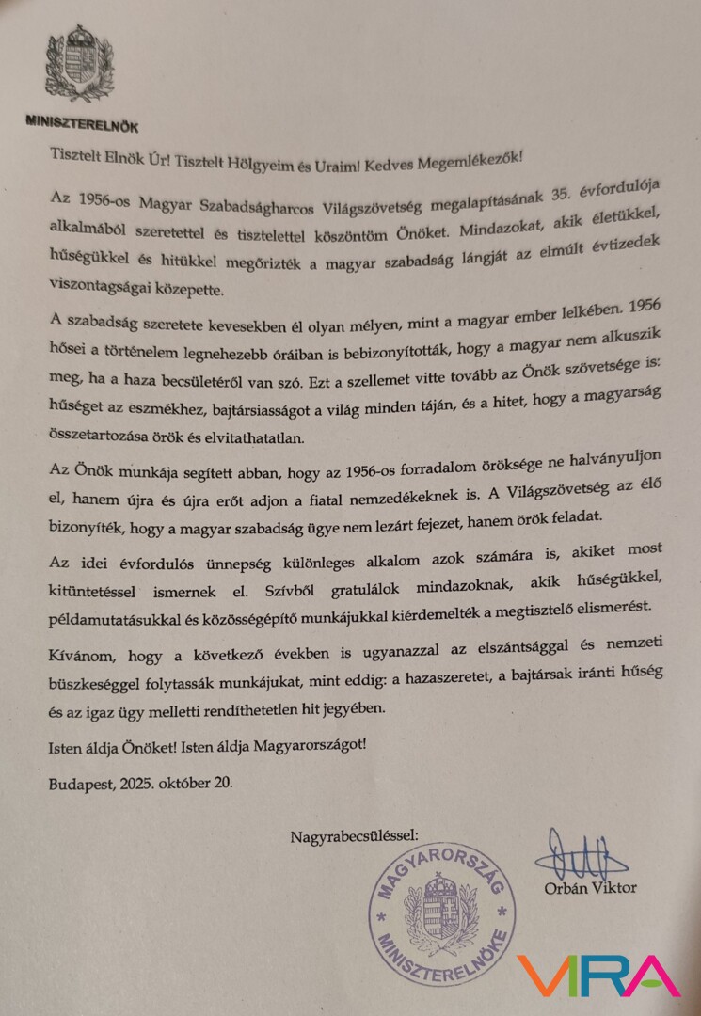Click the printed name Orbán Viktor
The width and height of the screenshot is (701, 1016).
[589, 887]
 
